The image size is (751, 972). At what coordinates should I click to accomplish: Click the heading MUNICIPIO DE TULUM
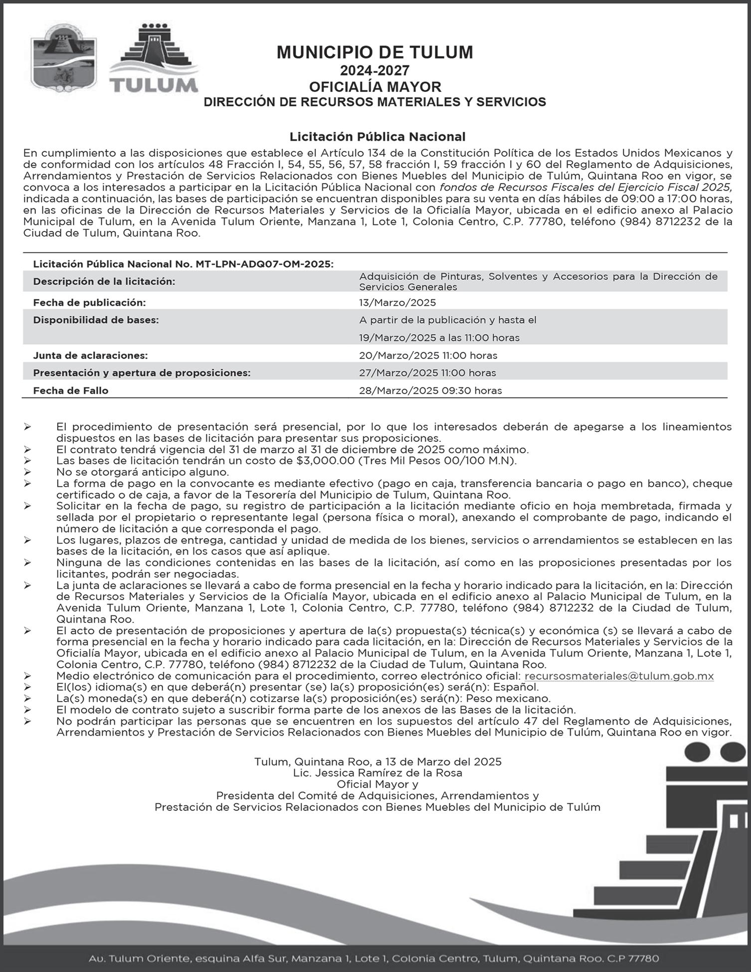tap(375, 52)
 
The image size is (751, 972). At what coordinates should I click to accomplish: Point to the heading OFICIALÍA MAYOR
tap(375, 87)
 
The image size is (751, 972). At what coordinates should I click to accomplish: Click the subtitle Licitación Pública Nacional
tap(377, 136)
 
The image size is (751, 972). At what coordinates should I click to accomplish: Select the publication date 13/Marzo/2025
tap(397, 303)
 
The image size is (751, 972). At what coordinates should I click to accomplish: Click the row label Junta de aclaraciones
tap(90, 356)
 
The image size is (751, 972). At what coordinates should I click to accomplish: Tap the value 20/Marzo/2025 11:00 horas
tap(428, 356)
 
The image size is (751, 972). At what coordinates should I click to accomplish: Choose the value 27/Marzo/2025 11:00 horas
tap(427, 373)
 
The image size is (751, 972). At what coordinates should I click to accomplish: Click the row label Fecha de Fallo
tap(70, 390)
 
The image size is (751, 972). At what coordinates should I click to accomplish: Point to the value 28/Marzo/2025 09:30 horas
tap(430, 390)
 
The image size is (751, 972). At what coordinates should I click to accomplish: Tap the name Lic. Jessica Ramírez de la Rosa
tap(377, 773)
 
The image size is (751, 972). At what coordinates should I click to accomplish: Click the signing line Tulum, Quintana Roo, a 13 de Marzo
tap(377, 762)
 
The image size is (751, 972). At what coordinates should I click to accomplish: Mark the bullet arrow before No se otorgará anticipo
tap(27, 472)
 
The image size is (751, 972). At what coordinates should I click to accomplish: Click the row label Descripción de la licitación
tap(104, 282)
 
